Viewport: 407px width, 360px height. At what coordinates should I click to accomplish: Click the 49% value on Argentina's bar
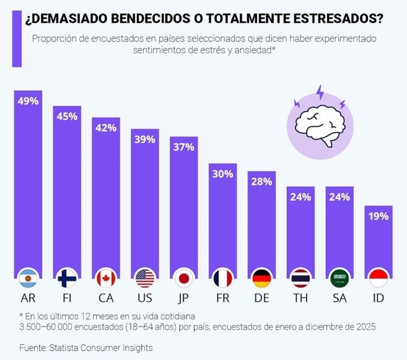tap(28, 101)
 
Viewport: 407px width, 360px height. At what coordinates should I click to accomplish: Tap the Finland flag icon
tap(67, 278)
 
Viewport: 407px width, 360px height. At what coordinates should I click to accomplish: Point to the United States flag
tap(145, 278)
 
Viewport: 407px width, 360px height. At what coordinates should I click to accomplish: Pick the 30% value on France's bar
tap(223, 174)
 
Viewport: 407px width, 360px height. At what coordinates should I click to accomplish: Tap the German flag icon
tap(262, 278)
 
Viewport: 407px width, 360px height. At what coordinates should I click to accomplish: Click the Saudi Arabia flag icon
tap(340, 278)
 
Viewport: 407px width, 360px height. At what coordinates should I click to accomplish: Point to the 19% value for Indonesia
tap(378, 216)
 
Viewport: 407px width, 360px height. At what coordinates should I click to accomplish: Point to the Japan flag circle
tap(184, 278)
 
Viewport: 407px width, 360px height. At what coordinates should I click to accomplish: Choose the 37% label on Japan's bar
tap(184, 147)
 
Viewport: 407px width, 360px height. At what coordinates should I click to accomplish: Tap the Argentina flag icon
tap(28, 278)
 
